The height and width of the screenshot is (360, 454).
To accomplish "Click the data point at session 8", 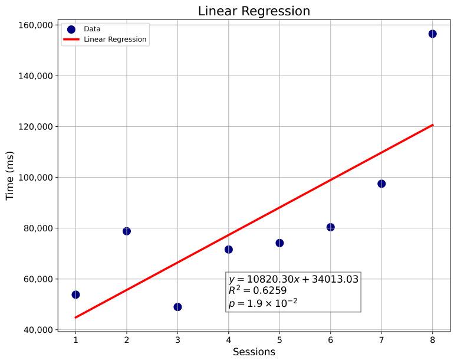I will (x=432, y=34).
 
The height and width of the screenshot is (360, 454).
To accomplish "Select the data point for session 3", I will (x=177, y=307).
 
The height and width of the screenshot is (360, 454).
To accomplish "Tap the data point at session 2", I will (x=127, y=231).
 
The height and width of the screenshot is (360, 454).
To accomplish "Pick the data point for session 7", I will (x=381, y=184).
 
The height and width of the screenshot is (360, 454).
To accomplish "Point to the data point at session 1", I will (x=75, y=294).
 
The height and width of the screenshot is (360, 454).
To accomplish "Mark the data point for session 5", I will (x=279, y=243).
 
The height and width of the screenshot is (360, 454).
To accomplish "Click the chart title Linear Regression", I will (x=254, y=11).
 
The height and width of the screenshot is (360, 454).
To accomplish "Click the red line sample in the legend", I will (x=71, y=40).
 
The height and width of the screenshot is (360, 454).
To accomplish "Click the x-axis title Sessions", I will (x=254, y=352).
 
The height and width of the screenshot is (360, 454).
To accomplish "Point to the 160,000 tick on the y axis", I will (x=36, y=25).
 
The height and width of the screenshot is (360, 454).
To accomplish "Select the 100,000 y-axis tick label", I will (x=36, y=178).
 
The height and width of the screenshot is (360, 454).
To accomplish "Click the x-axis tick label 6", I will (x=330, y=340).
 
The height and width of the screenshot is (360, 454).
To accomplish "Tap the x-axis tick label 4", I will (x=228, y=340).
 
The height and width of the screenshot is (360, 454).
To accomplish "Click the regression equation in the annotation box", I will (x=293, y=279).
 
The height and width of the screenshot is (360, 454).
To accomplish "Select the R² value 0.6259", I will (x=258, y=290).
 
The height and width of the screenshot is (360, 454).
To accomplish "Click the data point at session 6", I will (x=330, y=227).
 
